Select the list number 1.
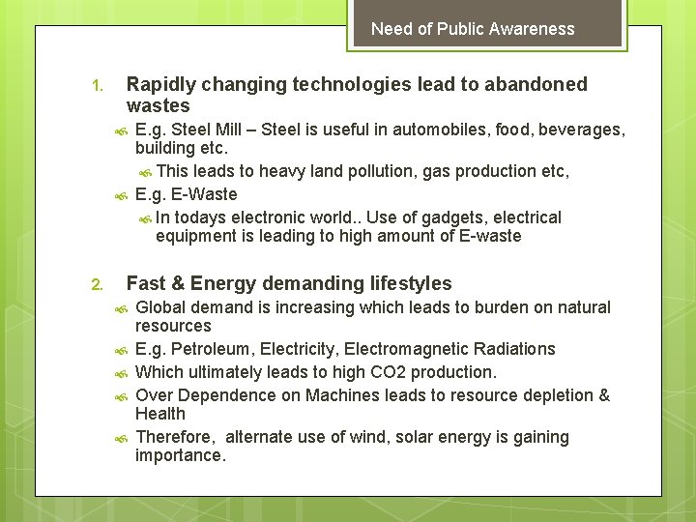click(96, 86)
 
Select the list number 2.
click(96, 285)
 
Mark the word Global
click(161, 307)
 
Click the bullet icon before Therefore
click(121, 439)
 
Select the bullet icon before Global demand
click(121, 309)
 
